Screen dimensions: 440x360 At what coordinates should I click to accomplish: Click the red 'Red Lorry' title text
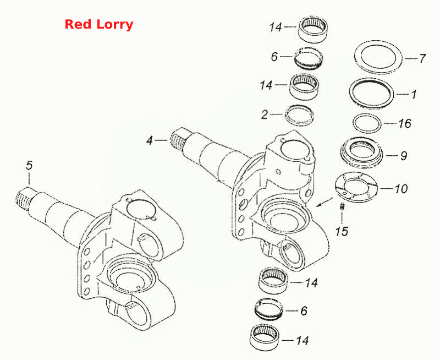[99, 25]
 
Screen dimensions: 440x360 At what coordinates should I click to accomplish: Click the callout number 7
[422, 59]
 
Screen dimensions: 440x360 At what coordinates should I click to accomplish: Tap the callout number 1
[414, 94]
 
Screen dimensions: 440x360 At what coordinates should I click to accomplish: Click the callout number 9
[404, 156]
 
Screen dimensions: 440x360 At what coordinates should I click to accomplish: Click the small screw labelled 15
[342, 206]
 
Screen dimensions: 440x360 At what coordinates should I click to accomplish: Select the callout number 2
[265, 114]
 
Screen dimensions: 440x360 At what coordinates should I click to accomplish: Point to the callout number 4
[150, 140]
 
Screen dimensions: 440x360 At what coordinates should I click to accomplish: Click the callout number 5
[29, 165]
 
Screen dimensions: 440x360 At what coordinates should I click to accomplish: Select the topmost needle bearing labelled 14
[313, 30]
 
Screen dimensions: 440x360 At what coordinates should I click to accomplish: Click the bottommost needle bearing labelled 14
[265, 337]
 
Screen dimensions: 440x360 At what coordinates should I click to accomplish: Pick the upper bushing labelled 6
[308, 58]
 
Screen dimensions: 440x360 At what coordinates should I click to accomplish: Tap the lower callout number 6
[304, 311]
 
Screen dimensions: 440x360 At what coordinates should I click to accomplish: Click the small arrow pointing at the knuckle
[324, 202]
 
